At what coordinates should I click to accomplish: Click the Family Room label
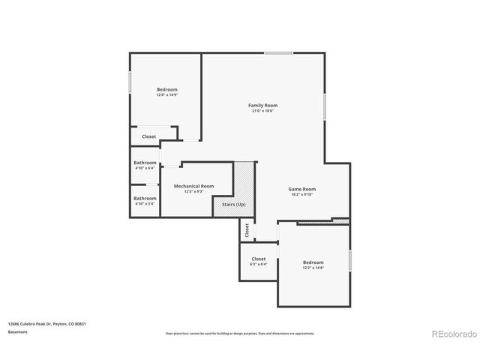[262, 105]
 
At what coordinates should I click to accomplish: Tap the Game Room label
[302, 189]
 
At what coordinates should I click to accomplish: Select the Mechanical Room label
[193, 185]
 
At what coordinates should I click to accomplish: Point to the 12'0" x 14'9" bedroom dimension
[166, 95]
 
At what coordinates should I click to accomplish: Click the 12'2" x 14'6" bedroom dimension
[313, 268]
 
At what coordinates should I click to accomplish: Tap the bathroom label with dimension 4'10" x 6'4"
[145, 163]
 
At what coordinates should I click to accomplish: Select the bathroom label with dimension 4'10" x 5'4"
[145, 198]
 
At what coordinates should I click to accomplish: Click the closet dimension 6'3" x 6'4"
[258, 264]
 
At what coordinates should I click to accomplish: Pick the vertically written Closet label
[245, 230]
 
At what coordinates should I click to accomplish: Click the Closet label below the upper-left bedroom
[149, 136]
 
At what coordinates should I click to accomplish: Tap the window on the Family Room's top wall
[278, 52]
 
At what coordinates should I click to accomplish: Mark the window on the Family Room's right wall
[325, 106]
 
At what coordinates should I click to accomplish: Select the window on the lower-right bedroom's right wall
[350, 260]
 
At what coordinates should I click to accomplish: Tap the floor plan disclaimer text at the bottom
[240, 333]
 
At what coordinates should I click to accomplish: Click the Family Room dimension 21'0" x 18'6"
[262, 111]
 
